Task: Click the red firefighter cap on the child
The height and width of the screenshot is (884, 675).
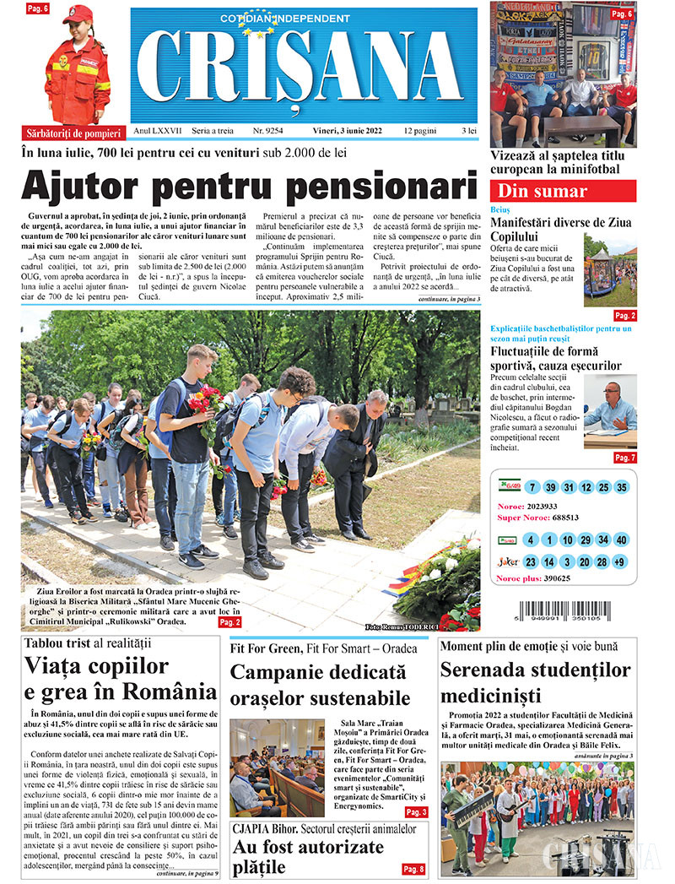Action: [78, 14]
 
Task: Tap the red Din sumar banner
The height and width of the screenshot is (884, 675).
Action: [563, 191]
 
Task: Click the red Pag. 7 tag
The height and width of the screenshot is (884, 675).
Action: [624, 458]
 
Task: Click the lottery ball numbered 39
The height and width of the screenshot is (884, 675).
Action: [550, 488]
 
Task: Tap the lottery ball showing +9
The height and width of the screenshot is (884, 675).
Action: [620, 562]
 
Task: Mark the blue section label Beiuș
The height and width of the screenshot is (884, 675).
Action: [499, 208]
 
